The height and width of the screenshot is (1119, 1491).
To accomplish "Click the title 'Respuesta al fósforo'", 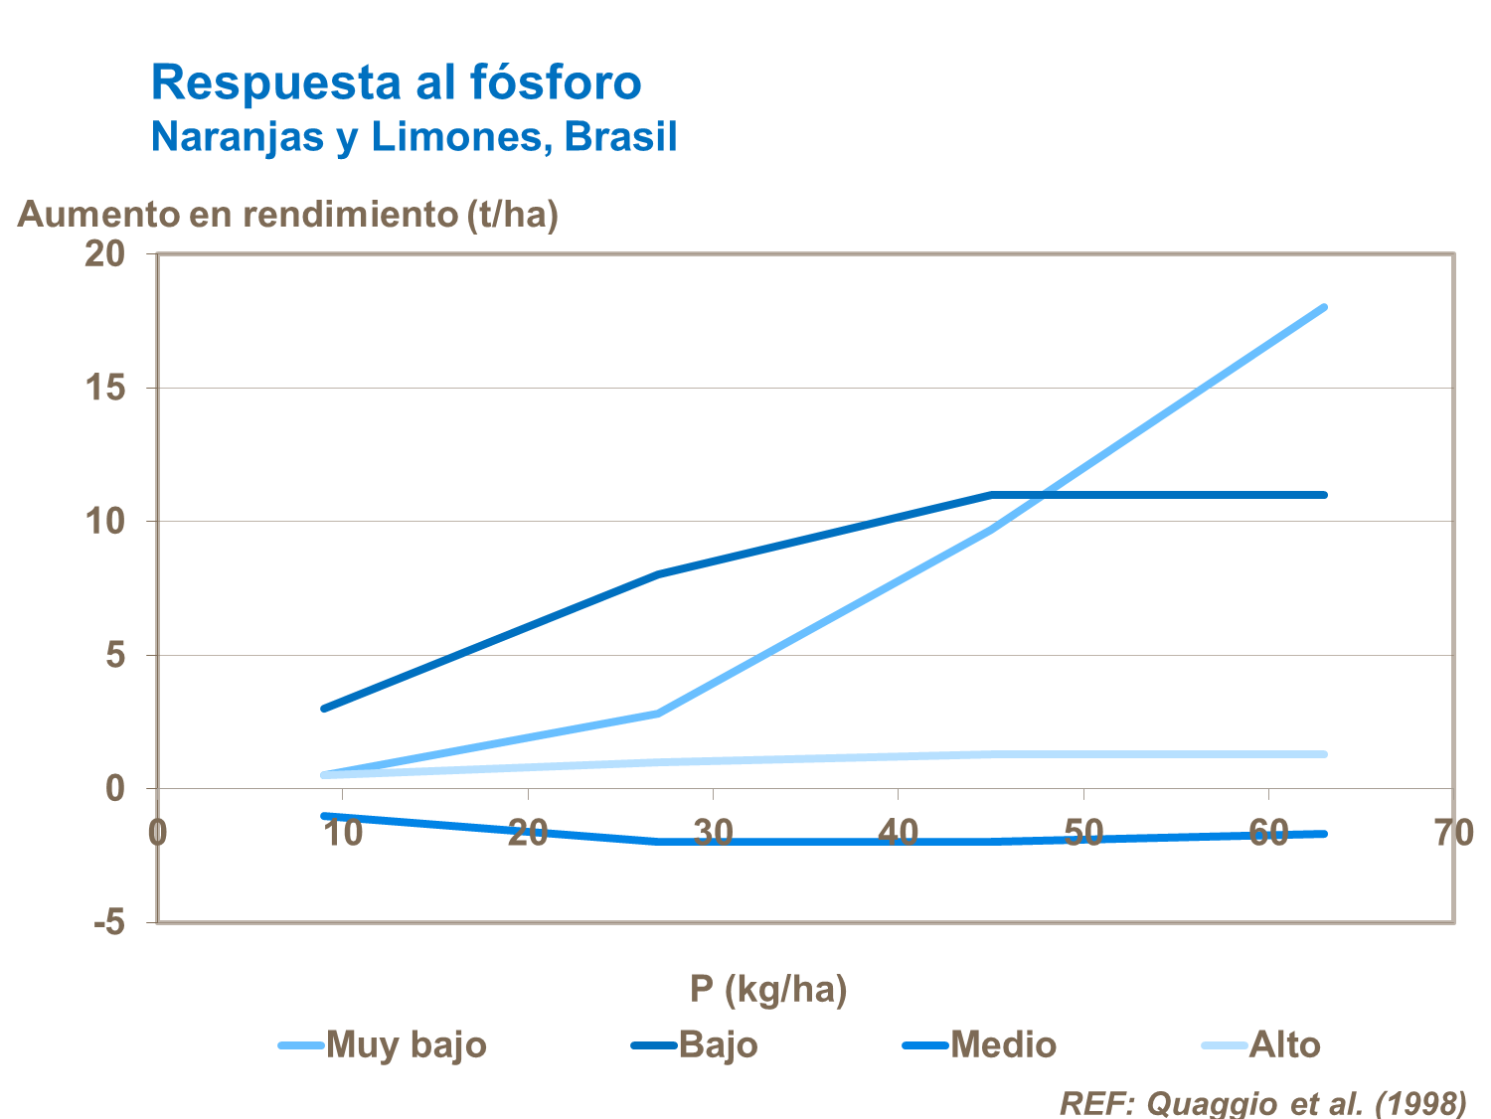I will pyautogui.click(x=396, y=82).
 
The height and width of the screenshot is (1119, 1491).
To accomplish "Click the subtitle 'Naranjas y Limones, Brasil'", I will pyautogui.click(x=414, y=137).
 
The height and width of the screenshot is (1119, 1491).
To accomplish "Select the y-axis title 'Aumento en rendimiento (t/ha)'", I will pyautogui.click(x=287, y=215).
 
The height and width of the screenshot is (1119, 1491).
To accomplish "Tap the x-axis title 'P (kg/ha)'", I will pyautogui.click(x=768, y=989).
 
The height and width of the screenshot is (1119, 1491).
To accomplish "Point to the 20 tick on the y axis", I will pyautogui.click(x=104, y=254).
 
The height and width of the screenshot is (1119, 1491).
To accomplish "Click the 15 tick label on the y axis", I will pyautogui.click(x=104, y=388).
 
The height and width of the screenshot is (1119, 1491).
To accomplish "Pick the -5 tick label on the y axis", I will pyautogui.click(x=108, y=922).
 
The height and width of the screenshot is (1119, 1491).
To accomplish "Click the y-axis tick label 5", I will pyautogui.click(x=115, y=655).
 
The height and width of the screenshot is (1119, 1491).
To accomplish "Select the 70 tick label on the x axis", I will pyautogui.click(x=1453, y=832).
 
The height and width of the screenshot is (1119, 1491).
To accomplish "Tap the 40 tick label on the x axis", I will pyautogui.click(x=898, y=832).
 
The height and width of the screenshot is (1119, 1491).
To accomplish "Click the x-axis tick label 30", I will pyautogui.click(x=713, y=832).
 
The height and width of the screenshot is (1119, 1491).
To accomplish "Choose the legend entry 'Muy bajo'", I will pyautogui.click(x=406, y=1044).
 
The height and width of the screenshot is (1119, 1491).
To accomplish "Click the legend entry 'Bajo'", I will pyautogui.click(x=718, y=1044).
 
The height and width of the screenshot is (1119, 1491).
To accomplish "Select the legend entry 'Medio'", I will pyautogui.click(x=1002, y=1044).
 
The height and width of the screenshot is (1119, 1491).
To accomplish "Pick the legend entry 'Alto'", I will pyautogui.click(x=1284, y=1044).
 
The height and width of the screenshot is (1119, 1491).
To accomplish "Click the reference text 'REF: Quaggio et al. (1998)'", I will pyautogui.click(x=1262, y=1103).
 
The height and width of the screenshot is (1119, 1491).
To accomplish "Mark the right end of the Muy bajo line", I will pyautogui.click(x=1324, y=308).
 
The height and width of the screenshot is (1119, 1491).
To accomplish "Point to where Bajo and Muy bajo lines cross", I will pyautogui.click(x=1042, y=495).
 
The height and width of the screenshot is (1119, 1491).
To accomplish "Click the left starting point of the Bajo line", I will pyautogui.click(x=324, y=709).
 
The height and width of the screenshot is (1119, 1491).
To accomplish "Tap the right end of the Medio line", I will pyautogui.click(x=1324, y=834).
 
